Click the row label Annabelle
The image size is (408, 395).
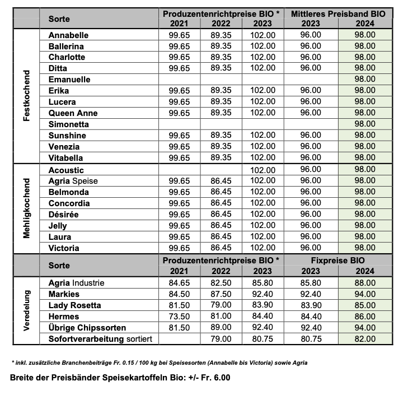(68, 35)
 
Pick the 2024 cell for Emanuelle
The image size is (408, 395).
(365, 80)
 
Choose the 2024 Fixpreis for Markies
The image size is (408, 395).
(365, 294)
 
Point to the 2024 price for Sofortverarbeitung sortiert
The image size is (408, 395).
(365, 339)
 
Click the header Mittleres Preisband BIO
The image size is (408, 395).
(337, 13)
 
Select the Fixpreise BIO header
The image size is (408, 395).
(337, 261)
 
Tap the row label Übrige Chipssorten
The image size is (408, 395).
(87, 328)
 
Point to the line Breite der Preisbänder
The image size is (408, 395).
(120, 378)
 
